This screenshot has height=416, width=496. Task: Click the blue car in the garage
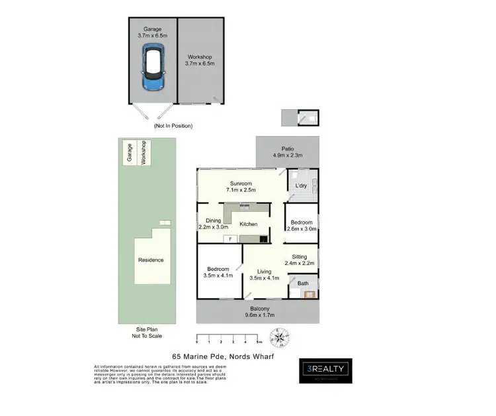(153, 69)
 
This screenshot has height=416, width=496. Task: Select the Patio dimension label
(287, 152)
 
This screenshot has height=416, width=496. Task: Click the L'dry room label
(301, 185)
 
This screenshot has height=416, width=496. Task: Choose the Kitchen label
(249, 224)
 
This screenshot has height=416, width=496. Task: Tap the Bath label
(303, 284)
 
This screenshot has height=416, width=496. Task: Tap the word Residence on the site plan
(151, 260)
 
